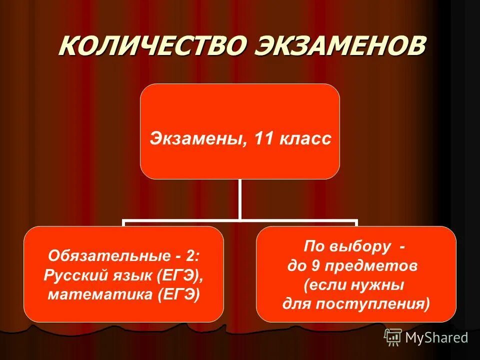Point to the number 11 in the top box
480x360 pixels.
click(x=264, y=138)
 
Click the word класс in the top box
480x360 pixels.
click(x=306, y=138)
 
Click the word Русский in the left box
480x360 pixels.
click(x=73, y=275)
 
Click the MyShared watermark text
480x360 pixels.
click(x=436, y=337)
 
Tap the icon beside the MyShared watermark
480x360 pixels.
click(x=393, y=337)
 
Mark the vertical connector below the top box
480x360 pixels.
click(x=240, y=199)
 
